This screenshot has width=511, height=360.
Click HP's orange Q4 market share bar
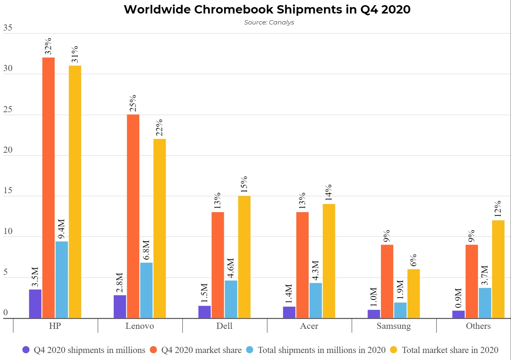(48, 188)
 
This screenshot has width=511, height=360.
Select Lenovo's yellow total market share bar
(160, 228)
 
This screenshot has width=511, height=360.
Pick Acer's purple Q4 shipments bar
(289, 312)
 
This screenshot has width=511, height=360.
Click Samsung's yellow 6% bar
(413, 293)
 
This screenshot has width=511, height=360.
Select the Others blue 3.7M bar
(485, 303)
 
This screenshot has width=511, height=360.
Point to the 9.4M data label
(61, 229)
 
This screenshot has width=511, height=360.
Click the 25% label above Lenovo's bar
(133, 103)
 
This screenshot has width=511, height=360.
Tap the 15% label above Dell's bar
(244, 184)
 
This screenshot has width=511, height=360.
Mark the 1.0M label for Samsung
(374, 298)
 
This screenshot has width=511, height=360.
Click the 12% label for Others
(498, 209)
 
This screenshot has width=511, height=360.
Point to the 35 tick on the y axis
(8, 28)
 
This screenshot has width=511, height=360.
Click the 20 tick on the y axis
(8, 150)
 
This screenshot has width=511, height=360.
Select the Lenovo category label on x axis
(140, 326)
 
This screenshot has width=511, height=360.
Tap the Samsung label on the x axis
(394, 326)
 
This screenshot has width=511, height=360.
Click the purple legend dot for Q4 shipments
(26, 350)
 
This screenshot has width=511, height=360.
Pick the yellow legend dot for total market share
(393, 350)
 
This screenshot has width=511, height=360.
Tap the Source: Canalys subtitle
(269, 22)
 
